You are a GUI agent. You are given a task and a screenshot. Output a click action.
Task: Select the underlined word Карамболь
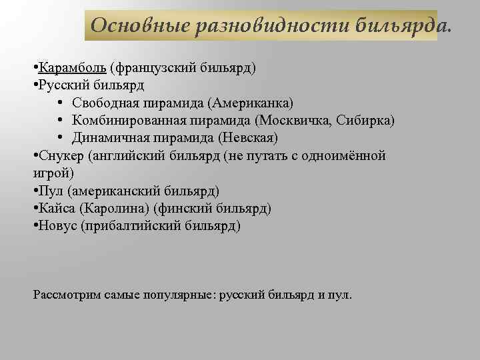[73, 68]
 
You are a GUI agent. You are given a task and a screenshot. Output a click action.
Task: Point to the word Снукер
[60, 156]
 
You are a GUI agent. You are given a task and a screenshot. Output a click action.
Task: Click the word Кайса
[57, 209]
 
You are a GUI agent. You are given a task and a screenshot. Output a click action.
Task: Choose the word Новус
[57, 226]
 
